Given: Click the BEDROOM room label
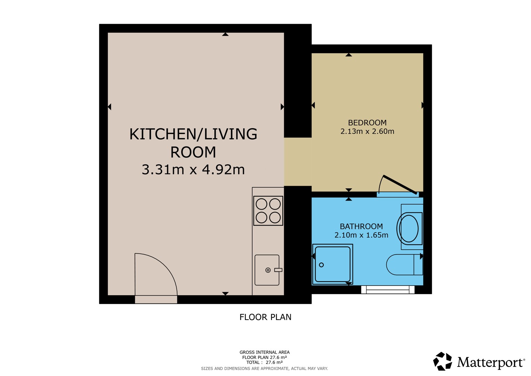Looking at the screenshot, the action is tap(367, 123).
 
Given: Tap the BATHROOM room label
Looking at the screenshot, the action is tap(361, 226).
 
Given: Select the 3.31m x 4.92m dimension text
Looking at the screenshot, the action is tap(193, 170).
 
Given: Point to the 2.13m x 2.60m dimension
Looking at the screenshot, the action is tap(367, 131).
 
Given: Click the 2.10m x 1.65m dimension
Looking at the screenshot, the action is tap(361, 235).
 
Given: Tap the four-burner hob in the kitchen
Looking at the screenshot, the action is tap(268, 211).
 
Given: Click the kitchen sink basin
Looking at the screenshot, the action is tap(267, 270).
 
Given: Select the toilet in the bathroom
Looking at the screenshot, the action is tap(404, 265).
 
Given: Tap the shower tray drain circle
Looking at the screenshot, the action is tap(321, 265).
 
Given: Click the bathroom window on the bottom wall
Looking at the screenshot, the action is tap(388, 290).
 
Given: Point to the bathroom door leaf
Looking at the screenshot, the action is tap(400, 185).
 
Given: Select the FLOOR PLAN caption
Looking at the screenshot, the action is tap(265, 317).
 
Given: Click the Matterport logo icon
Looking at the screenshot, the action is tap(442, 361).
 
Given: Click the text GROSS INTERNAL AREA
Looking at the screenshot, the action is tap(265, 352).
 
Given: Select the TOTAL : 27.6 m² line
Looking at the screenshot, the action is tap(265, 362).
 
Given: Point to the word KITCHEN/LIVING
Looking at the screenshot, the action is tap(193, 134).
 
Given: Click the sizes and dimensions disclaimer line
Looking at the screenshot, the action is tap(265, 369).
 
